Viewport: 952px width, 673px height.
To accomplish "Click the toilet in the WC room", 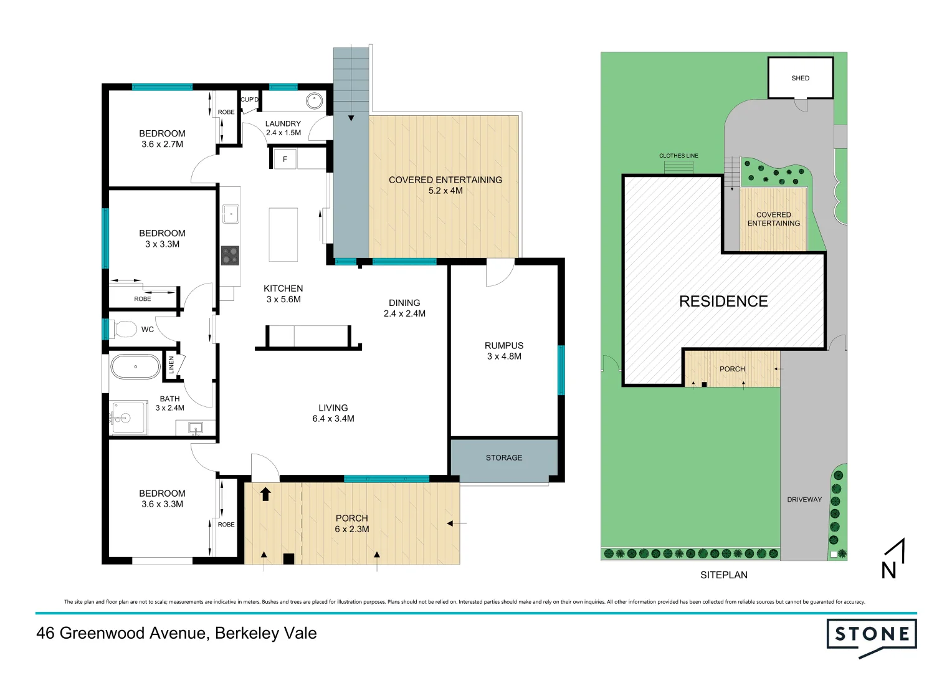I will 125,329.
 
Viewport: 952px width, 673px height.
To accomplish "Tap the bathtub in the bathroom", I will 135,367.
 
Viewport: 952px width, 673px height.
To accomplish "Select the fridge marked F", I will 285,159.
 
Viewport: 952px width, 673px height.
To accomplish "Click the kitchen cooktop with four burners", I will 230,255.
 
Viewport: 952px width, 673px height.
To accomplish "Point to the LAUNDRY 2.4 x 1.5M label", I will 283,128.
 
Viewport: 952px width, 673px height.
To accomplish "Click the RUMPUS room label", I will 504,351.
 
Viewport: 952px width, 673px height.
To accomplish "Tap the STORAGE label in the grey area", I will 504,457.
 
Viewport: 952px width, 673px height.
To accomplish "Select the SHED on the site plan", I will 800,78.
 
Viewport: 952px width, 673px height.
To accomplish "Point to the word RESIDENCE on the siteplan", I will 723,302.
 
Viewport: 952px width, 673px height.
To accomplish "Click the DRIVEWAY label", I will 804,499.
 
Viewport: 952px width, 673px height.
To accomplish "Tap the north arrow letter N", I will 889,570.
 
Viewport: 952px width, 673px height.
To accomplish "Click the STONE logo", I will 872,635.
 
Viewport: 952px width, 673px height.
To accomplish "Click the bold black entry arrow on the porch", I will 265,494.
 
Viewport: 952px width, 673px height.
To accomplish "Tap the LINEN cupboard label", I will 171,365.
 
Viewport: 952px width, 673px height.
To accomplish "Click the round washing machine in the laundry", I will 314,100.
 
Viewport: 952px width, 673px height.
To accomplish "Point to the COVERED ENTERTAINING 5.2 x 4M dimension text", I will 445,191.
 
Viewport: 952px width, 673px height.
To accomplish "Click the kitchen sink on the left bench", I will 231,214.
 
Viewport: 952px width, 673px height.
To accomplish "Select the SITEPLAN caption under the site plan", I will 723,575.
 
